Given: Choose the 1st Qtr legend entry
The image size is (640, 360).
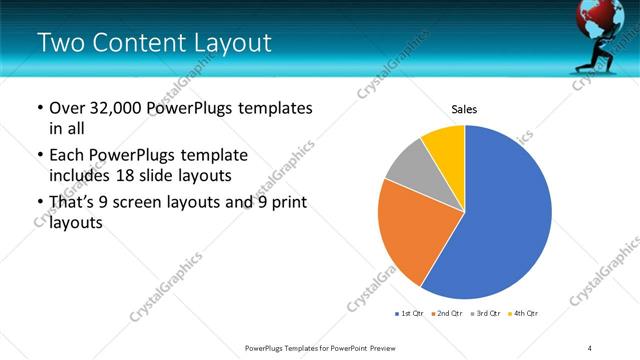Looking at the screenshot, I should pos(410,314).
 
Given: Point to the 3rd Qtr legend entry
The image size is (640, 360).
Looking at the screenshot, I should pos(485,314).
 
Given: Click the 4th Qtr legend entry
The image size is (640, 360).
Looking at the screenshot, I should pos(523,314).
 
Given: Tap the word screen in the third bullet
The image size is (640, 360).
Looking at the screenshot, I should pos(145,203).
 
